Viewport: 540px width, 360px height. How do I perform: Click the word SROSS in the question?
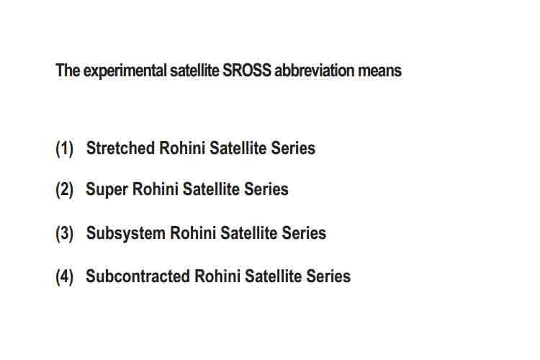(247, 71)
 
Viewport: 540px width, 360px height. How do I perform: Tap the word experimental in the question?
(125, 71)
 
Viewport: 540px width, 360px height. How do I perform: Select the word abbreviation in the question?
(314, 71)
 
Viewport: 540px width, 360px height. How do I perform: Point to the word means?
(379, 71)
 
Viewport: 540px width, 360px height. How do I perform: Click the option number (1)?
(64, 148)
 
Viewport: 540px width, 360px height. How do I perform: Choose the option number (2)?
(64, 189)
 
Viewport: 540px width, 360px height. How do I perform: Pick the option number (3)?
(64, 233)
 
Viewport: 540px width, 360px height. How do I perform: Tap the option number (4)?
(64, 276)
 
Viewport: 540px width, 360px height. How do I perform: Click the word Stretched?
(120, 148)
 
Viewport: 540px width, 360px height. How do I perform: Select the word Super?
(107, 190)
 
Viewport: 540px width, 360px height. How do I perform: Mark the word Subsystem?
(126, 233)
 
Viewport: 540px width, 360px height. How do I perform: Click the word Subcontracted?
(138, 276)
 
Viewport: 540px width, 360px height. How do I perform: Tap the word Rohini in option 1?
(182, 148)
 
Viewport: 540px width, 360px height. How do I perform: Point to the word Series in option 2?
(266, 189)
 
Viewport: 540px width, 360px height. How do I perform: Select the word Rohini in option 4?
(217, 276)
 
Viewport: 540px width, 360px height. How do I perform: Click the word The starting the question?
(68, 71)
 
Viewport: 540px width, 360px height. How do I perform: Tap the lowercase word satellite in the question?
(194, 71)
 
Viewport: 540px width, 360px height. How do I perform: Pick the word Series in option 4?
(328, 276)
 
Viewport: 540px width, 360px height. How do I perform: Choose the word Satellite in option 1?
(238, 148)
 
